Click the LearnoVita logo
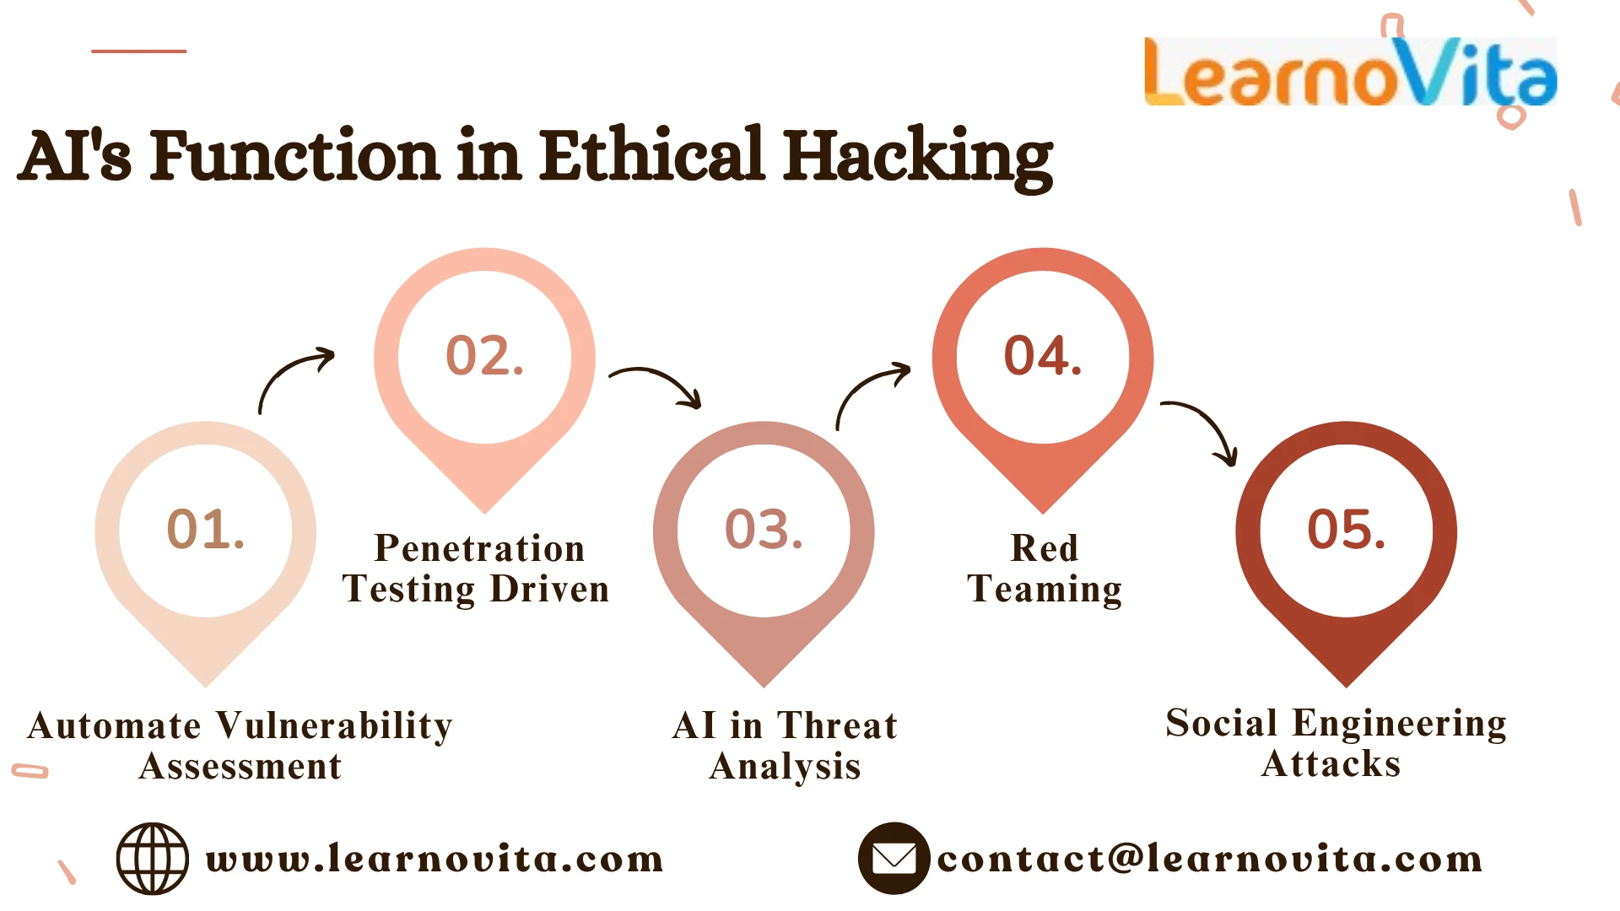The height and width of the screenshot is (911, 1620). (x=1350, y=73)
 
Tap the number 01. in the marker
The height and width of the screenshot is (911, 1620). (x=206, y=530)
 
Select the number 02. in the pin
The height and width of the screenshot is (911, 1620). (x=484, y=355)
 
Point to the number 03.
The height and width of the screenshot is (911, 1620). (x=764, y=530)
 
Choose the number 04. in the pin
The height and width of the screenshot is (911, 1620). (x=1042, y=355)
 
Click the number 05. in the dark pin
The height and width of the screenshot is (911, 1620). (x=1346, y=530)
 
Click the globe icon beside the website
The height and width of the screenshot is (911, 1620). (x=152, y=859)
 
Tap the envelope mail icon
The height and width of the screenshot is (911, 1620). (x=894, y=859)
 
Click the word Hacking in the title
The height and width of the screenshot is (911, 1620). (x=918, y=157)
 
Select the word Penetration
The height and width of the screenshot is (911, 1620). (x=479, y=548)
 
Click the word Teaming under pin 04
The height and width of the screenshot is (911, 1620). (x=1045, y=589)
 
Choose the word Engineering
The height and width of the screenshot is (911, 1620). (x=1399, y=724)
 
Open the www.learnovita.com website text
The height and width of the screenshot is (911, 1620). (x=435, y=860)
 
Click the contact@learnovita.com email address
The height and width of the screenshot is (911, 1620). (x=1209, y=860)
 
